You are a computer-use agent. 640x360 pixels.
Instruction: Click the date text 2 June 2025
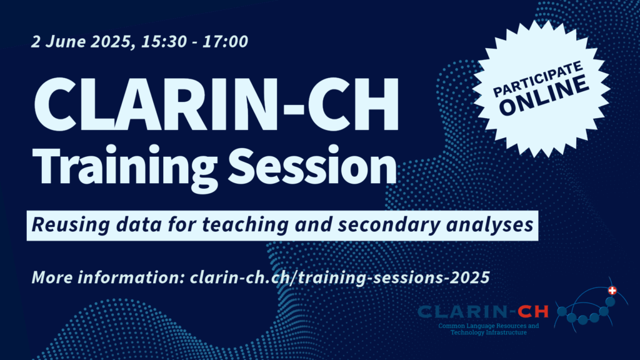pos(81,42)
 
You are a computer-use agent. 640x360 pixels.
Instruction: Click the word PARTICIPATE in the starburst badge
pos(537,79)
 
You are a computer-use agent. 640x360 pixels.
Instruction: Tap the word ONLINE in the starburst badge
pos(544,95)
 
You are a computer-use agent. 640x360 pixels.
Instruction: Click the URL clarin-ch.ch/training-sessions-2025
pos(339,277)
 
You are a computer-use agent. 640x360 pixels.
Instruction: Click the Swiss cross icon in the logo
pos(612,291)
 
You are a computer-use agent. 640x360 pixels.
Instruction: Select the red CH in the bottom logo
pos(533,312)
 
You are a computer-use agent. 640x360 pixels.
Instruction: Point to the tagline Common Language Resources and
pos(489,326)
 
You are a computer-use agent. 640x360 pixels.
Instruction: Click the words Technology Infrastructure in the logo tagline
pos(489,332)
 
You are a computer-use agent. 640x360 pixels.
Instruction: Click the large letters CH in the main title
pos(353,104)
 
